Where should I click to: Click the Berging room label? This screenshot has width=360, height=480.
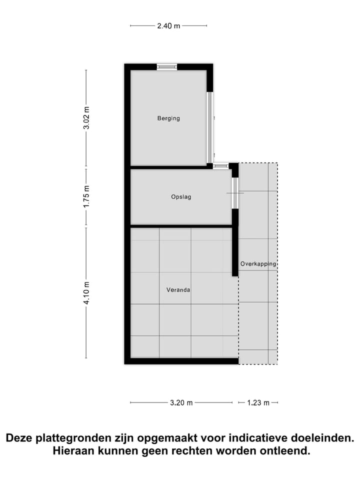tap(168, 118)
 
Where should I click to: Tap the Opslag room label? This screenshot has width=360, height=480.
tap(181, 197)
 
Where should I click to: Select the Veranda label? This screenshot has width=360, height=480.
tap(178, 289)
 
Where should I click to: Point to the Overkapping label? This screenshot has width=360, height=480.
tap(258, 263)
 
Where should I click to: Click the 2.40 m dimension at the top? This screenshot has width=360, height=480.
tap(168, 26)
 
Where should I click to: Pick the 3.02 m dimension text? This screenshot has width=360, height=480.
tap(86, 118)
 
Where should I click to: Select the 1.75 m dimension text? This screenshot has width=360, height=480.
tap(86, 197)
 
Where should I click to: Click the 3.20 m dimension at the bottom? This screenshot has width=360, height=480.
tap(181, 403)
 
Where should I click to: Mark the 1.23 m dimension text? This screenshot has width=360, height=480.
tap(258, 403)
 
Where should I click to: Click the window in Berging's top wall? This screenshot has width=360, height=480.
tap(167, 67)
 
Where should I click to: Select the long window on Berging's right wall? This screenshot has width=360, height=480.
tap(210, 127)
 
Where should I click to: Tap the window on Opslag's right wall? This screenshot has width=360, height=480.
tap(234, 193)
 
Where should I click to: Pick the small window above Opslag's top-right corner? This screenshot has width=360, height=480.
tap(220, 165)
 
